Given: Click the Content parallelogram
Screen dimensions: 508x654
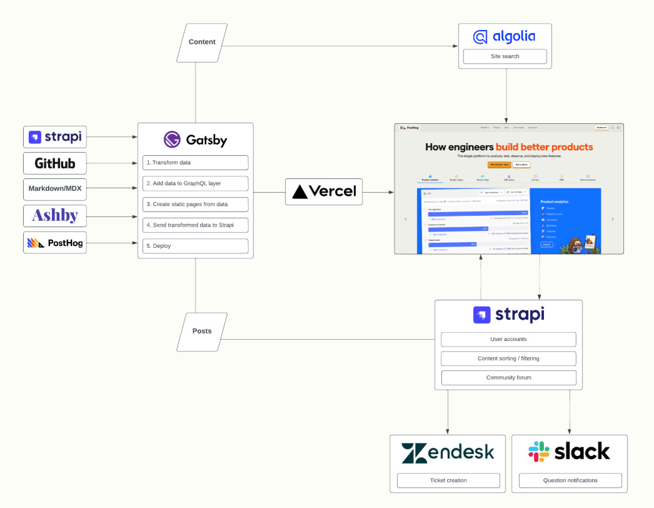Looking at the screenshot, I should (202, 43).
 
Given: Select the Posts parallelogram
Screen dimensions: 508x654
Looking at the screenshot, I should (202, 332).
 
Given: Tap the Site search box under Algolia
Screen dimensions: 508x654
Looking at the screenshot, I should (505, 57).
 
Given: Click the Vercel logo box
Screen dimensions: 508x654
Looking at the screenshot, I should (324, 191).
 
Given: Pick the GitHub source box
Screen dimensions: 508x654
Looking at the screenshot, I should (55, 163).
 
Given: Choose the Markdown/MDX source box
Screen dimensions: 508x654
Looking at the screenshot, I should (55, 189).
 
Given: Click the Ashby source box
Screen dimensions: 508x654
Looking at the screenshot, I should (55, 216).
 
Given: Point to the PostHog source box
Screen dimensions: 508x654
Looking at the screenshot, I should (55, 242).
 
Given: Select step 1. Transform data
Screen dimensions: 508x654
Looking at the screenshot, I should (195, 163).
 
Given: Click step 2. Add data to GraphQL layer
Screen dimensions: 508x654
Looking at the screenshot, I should (195, 184).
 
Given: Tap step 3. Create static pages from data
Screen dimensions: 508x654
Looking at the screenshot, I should (195, 205).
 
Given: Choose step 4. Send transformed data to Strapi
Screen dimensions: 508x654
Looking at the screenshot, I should (195, 225).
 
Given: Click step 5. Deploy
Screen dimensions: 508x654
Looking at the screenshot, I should (195, 246).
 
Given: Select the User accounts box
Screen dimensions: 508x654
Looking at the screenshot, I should (508, 340).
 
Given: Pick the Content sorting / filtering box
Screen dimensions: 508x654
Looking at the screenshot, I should (508, 359).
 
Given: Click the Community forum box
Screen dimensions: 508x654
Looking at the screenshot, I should (508, 378).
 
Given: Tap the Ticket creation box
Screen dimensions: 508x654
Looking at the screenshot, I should (448, 480).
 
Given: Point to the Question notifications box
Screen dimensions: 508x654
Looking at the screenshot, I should (570, 480).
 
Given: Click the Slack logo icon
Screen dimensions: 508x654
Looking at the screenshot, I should (539, 452).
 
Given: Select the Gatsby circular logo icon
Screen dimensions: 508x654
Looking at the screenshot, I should (172, 140).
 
